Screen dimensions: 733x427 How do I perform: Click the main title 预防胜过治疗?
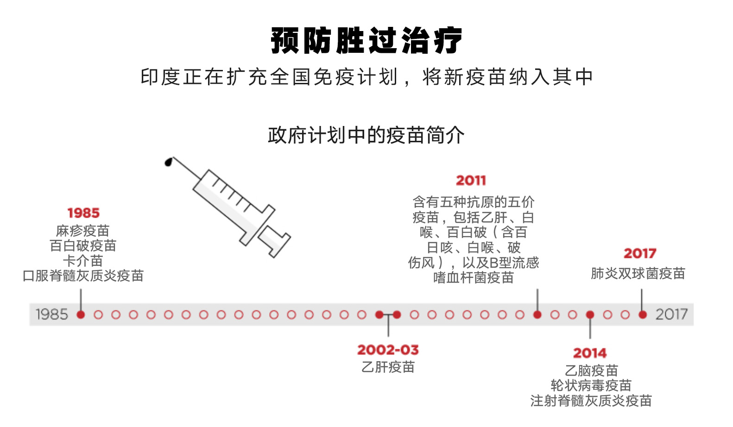[366, 41]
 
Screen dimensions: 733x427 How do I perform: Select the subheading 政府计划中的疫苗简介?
[366, 135]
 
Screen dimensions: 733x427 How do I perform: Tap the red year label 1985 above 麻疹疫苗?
[83, 213]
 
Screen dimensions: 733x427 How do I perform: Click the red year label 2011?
[471, 180]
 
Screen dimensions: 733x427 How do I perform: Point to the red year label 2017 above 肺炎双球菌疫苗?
[640, 253]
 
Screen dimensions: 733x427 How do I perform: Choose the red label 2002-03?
[388, 350]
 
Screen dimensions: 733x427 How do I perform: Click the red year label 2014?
[590, 353]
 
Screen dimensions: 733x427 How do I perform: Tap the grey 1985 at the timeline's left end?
[52, 314]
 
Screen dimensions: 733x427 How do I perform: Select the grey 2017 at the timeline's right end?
[671, 314]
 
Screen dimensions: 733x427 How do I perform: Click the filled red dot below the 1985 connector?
[81, 315]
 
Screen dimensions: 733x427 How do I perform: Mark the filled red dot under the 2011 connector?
[537, 315]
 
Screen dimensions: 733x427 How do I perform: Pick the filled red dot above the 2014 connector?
[590, 315]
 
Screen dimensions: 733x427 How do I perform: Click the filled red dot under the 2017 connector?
[643, 315]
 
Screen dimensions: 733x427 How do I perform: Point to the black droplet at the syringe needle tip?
[169, 162]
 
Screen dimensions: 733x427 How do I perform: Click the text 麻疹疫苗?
[82, 231]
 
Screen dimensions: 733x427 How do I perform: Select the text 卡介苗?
[83, 261]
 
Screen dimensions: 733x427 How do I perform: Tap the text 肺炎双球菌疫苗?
[638, 274]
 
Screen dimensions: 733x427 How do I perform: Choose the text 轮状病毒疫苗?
[591, 385]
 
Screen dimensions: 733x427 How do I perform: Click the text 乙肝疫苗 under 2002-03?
[388, 367]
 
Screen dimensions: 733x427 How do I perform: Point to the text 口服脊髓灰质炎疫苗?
[83, 276]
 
